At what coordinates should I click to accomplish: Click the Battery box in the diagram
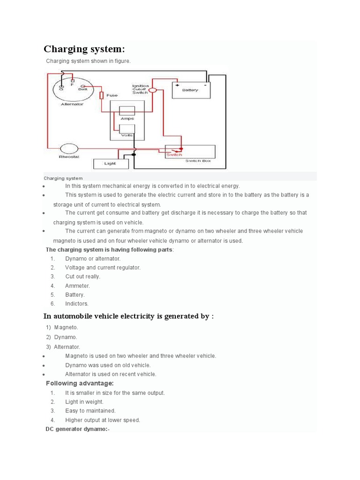coord(192,90)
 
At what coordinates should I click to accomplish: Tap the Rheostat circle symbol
coord(69,149)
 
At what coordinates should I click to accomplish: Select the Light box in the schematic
coord(111,164)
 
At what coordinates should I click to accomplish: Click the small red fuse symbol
coord(101,96)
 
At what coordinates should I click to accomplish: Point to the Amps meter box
coord(127,112)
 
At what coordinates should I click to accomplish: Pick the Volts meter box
coord(127,129)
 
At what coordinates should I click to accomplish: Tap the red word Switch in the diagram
coord(174,155)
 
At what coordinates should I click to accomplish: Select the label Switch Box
coord(198,161)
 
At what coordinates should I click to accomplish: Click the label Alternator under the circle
coord(72,104)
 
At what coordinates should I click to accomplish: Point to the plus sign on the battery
coord(177,85)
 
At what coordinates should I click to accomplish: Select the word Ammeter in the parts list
coord(77,285)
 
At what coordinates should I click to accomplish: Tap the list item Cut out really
coord(82,277)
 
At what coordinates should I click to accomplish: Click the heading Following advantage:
coord(80,383)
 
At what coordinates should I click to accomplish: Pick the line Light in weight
coord(84,402)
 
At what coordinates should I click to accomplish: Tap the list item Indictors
coord(77,304)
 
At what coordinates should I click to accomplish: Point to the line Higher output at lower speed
coord(103,420)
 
